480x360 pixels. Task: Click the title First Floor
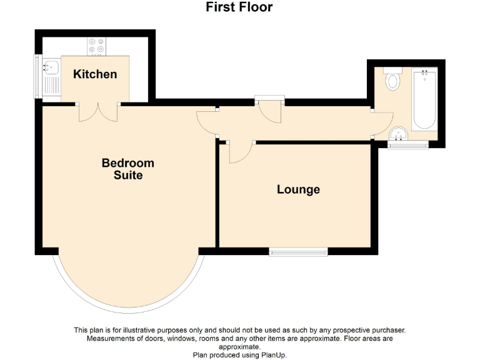tap(239, 7)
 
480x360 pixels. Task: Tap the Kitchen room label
tap(95, 74)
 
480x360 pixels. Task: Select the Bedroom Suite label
tap(128, 169)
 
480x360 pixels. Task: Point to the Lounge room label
tap(298, 189)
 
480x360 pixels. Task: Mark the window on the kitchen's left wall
tap(36, 77)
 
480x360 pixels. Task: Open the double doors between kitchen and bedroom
tap(98, 112)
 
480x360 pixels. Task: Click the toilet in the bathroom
tap(392, 79)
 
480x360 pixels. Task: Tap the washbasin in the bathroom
tap(398, 133)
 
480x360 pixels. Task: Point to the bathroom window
tap(407, 146)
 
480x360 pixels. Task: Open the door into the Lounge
tap(240, 152)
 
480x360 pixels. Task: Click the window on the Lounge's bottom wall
tap(298, 252)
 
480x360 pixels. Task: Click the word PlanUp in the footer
tap(270, 354)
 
